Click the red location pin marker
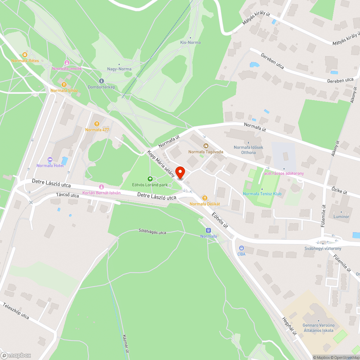coord(180,172)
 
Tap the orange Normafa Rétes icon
coord(24,55)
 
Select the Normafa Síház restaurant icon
coord(64,85)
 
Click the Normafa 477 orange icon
coord(97,124)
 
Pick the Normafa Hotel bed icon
coord(50,159)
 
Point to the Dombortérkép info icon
coord(102,81)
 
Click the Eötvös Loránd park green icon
coord(150,179)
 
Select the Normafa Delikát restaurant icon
coord(205,198)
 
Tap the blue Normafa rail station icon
coord(208,230)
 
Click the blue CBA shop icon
coord(241,248)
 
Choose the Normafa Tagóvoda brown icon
coord(206,146)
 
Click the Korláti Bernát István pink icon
coord(102,187)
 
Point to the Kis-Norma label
coord(190,42)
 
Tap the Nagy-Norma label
coord(119,69)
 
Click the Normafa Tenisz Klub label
coord(262,194)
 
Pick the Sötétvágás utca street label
coord(153,232)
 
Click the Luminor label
coord(341,217)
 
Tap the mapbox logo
coord(16,355)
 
